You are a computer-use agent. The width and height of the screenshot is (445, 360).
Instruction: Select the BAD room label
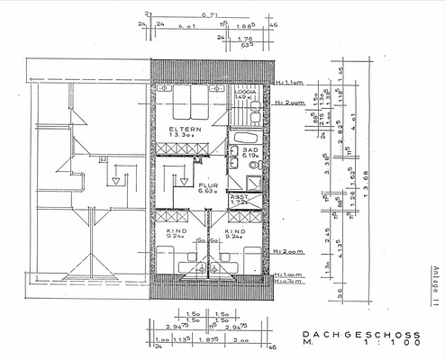[250, 149]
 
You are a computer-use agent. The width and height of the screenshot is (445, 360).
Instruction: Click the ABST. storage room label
[240, 196]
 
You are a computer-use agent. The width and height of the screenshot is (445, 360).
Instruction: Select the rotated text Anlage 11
[434, 287]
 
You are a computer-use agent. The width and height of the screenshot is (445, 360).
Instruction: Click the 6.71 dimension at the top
[212, 15]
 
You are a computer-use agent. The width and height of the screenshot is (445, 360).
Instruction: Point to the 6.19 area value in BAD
[250, 156]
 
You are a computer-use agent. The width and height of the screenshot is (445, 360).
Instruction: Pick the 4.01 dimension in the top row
[187, 26]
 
